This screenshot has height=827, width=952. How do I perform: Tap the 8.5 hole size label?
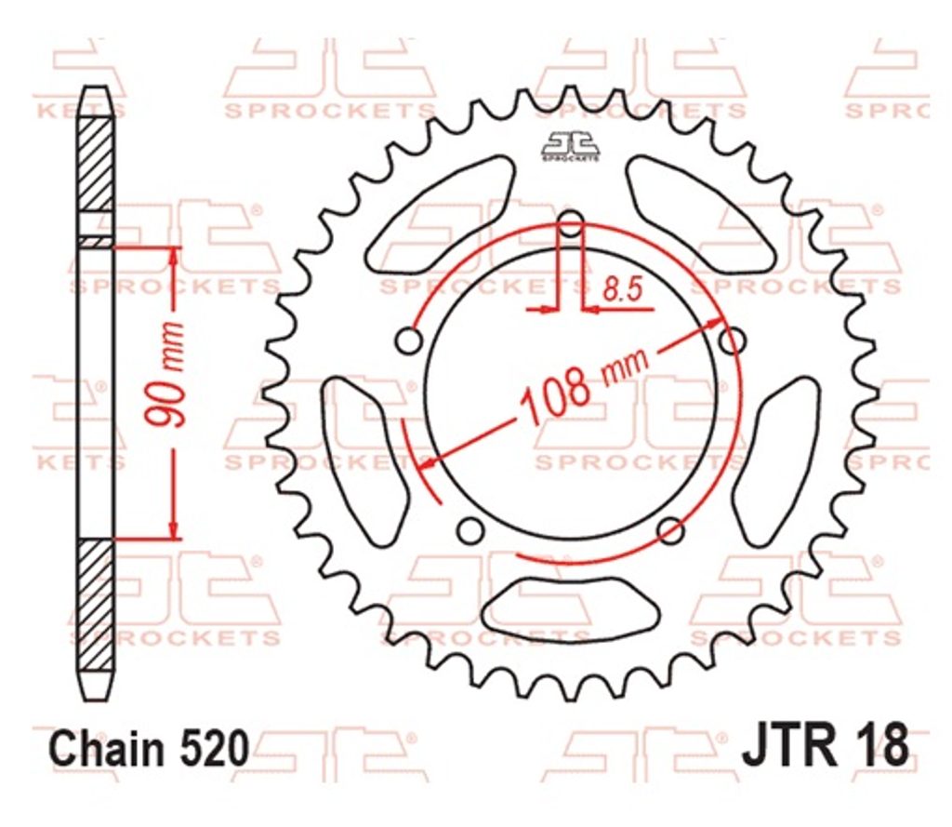(x=622, y=290)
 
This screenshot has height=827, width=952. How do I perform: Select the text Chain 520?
(x=150, y=748)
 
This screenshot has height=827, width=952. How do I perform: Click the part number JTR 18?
(x=826, y=745)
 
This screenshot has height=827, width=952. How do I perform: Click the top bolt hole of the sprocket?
(x=570, y=224)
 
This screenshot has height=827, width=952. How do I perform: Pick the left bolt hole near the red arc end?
(x=409, y=340)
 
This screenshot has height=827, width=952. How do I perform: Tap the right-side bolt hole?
(x=733, y=340)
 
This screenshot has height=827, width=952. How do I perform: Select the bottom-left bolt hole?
(x=469, y=530)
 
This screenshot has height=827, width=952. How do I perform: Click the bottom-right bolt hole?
(x=670, y=530)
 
